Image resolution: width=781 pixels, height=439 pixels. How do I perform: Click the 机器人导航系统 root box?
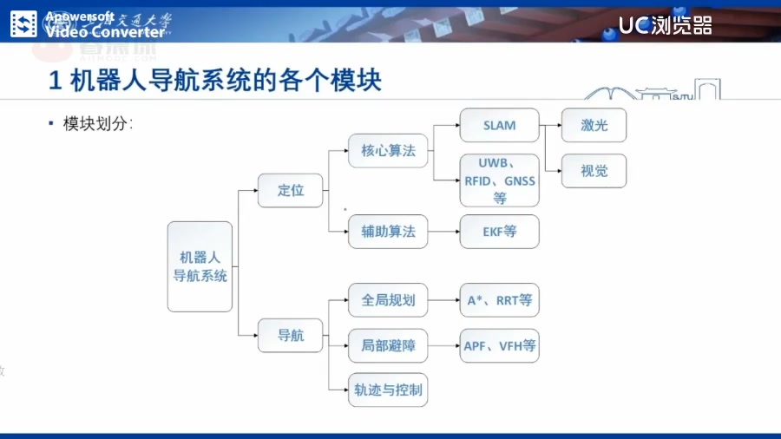(200, 266)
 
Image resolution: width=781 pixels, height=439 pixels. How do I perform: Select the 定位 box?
(291, 191)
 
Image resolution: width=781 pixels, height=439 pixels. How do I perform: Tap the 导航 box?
(291, 336)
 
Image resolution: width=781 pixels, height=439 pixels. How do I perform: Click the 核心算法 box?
(388, 150)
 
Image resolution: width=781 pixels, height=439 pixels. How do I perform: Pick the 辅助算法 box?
(388, 232)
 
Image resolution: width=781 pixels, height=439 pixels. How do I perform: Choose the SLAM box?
(499, 126)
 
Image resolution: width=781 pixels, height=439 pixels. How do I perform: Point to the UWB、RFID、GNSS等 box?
(499, 180)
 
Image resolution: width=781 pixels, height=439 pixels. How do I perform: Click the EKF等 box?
(499, 232)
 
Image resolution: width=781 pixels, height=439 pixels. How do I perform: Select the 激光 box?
(594, 126)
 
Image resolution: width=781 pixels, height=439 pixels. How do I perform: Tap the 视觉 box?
(594, 171)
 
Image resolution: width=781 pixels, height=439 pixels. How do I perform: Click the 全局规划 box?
(388, 300)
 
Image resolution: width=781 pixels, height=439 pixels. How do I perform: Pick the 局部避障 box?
(388, 345)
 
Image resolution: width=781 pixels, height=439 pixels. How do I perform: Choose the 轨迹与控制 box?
(388, 390)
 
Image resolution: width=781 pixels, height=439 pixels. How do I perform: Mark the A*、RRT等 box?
(499, 300)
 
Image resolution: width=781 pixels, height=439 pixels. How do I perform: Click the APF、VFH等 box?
(499, 345)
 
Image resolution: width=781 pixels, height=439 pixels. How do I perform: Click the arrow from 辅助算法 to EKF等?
(443, 232)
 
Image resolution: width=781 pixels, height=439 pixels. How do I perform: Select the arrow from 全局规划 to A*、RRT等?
(443, 300)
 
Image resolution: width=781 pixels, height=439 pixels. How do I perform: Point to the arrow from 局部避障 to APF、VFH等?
(443, 345)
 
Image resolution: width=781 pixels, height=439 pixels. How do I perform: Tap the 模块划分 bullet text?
(97, 124)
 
